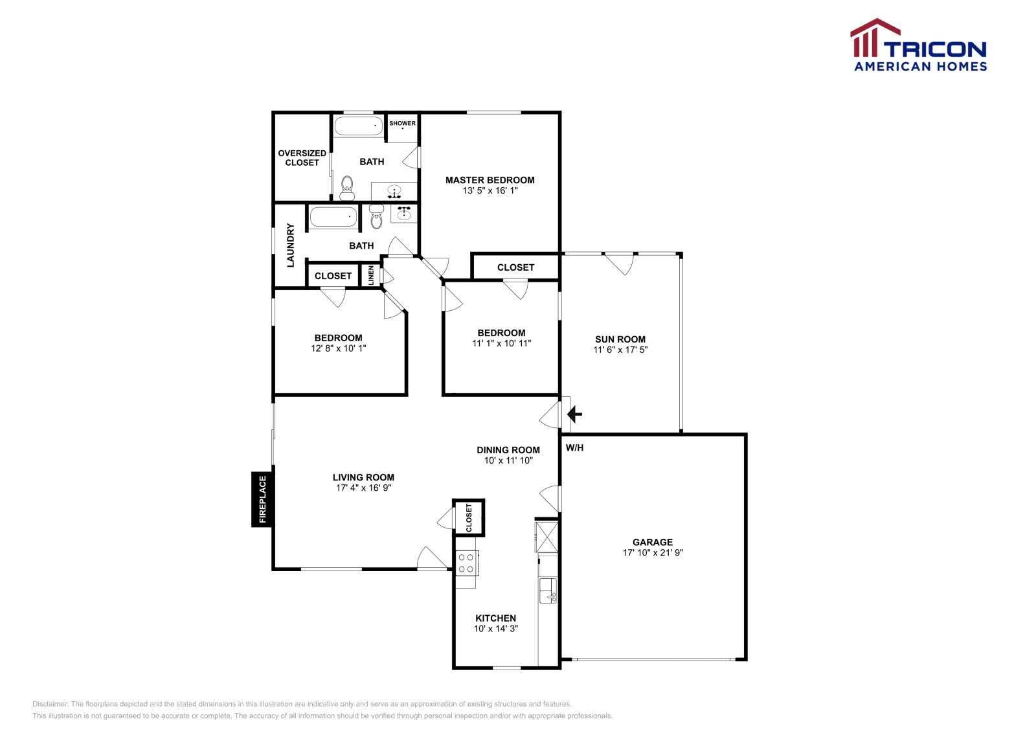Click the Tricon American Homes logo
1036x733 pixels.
point(918,46)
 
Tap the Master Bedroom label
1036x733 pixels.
point(490,180)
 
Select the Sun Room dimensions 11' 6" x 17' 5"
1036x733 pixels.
point(620,350)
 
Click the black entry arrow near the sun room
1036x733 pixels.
point(574,414)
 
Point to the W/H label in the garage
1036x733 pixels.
point(574,447)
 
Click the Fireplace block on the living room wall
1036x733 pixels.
point(262,499)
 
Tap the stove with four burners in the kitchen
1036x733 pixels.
point(466,563)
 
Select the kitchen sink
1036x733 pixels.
point(548,589)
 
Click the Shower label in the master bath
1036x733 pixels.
point(402,123)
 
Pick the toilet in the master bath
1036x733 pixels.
point(348,188)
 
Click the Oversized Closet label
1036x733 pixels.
point(302,158)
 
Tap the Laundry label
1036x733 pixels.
point(290,245)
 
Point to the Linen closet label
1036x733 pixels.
point(371,275)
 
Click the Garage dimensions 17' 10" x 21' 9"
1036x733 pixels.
point(653,553)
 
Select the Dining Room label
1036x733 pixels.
point(508,450)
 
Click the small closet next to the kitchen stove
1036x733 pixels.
point(469,517)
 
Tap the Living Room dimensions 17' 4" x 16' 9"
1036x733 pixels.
point(363,488)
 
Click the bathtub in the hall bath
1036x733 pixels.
point(333,217)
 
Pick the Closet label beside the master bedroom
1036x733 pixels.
point(515,267)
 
